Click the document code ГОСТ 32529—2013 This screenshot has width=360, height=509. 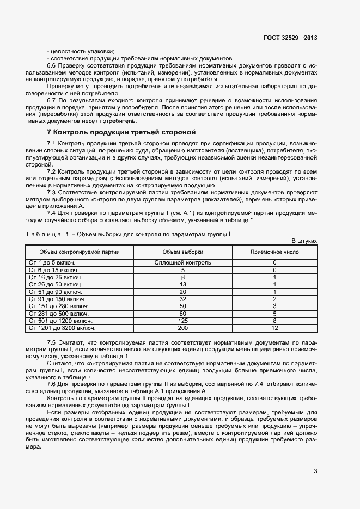(290, 38)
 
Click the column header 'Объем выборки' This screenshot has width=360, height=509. (183, 252)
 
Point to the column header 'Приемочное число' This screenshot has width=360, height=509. (274, 252)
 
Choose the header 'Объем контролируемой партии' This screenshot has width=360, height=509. (80, 252)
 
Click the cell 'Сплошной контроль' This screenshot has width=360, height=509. (183, 262)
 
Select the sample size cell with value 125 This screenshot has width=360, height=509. (183, 321)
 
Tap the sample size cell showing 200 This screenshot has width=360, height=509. (183, 328)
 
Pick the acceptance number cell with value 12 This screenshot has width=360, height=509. (274, 328)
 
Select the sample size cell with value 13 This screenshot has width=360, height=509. (183, 284)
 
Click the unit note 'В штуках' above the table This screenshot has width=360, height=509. (304, 240)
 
